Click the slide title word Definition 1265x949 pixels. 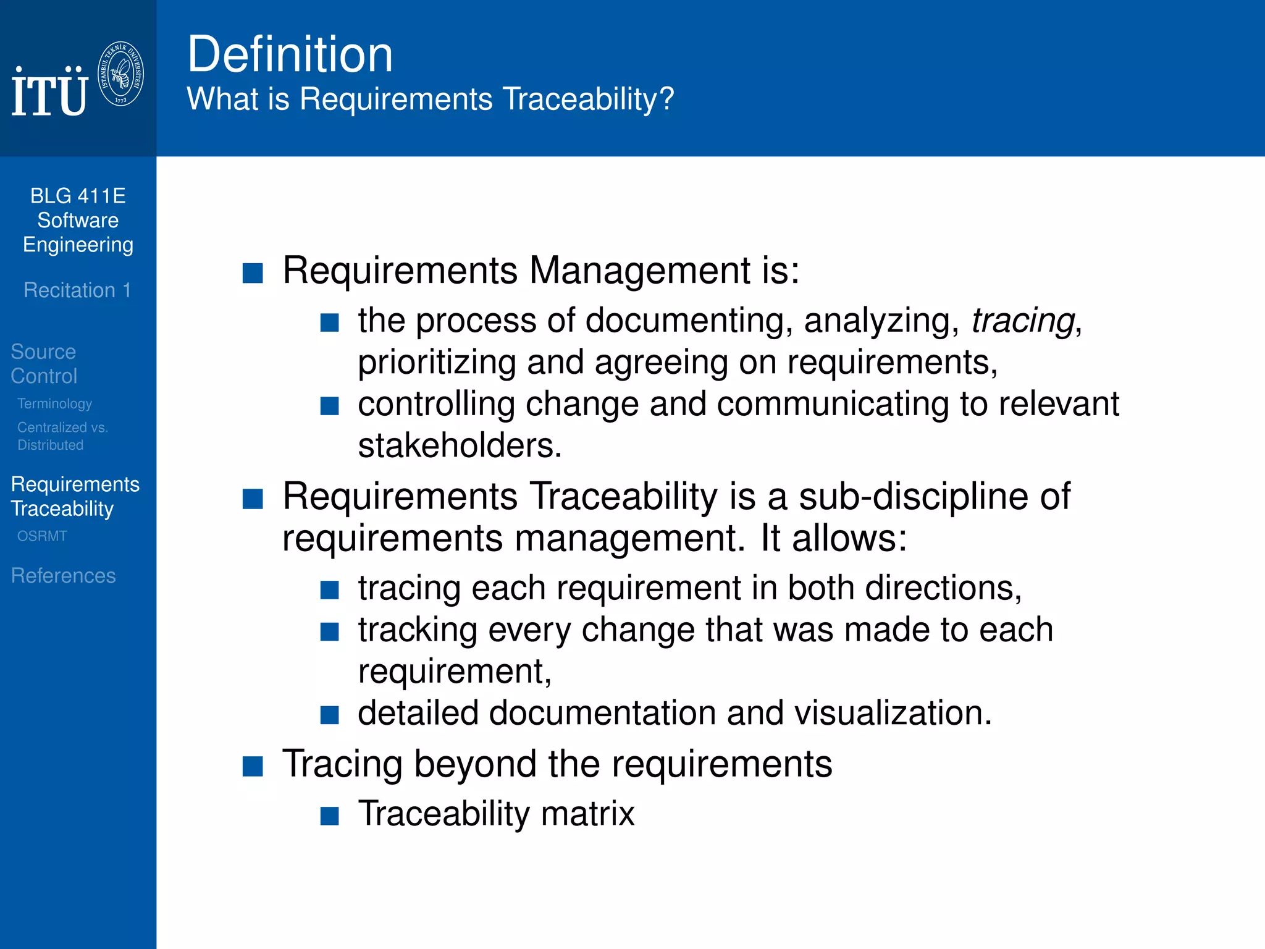coord(290,54)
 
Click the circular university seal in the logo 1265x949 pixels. coord(121,74)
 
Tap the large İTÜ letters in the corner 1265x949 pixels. coord(49,93)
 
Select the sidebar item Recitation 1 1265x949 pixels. coord(77,290)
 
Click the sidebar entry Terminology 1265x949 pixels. coord(54,403)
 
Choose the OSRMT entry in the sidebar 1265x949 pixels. coord(42,536)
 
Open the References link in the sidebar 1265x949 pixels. coord(63,576)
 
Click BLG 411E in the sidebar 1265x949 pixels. coord(78,196)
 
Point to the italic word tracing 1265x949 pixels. coord(1023,321)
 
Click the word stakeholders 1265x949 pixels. coord(459,445)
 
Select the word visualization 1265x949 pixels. coord(892,713)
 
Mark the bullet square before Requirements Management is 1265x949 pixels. coord(253,273)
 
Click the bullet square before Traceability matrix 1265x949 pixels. coord(330,816)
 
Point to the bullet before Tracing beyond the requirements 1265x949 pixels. coord(253,766)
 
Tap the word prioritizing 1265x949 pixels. coord(437,363)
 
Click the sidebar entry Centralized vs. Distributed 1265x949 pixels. coord(62,436)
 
